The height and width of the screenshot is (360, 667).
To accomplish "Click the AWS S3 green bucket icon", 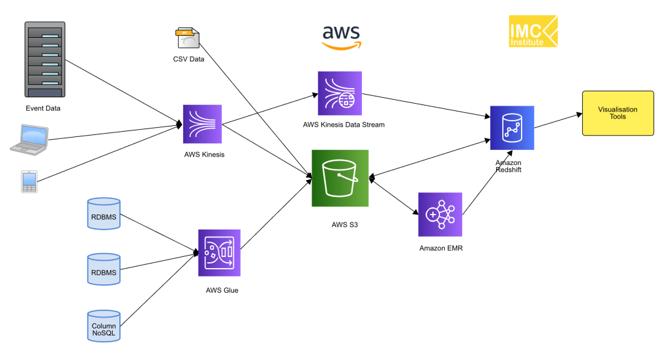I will pyautogui.click(x=340, y=178).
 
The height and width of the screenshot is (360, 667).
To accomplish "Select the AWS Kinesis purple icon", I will pyautogui.click(x=203, y=123).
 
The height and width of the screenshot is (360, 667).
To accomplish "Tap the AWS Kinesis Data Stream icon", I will pyautogui.click(x=340, y=93).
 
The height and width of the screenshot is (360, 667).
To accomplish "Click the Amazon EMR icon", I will pyautogui.click(x=440, y=215).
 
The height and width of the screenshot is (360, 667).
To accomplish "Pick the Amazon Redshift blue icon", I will pyautogui.click(x=512, y=128).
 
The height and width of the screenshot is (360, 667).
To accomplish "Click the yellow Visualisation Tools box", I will pyautogui.click(x=617, y=113).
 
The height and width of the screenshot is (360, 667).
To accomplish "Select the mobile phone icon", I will pyautogui.click(x=29, y=182).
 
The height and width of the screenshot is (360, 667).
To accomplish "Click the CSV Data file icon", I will pyautogui.click(x=188, y=38).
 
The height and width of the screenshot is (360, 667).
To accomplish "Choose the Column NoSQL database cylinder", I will pyautogui.click(x=104, y=326).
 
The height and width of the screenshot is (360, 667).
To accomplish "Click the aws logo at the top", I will pyautogui.click(x=340, y=37).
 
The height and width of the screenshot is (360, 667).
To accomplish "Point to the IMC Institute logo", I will pyautogui.click(x=533, y=31).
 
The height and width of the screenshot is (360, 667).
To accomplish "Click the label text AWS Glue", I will pyautogui.click(x=222, y=290).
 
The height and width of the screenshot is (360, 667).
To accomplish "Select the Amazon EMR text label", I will pyautogui.click(x=441, y=248).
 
